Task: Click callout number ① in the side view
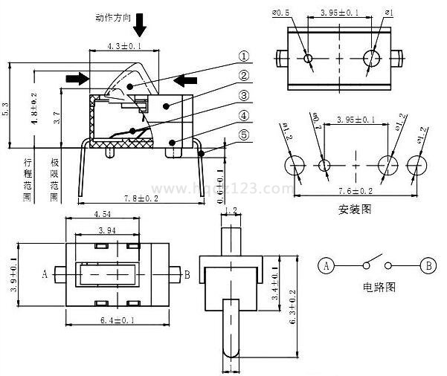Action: coord(243,56)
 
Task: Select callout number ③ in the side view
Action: coord(243,95)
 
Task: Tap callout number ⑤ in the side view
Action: coord(243,134)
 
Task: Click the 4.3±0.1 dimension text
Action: coord(123,46)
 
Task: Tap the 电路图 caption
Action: coord(377,287)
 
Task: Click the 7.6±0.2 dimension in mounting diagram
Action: coord(356,191)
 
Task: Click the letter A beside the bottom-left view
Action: coord(45,274)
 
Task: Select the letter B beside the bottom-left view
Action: coord(187,274)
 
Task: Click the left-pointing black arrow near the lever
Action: coord(186,80)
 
